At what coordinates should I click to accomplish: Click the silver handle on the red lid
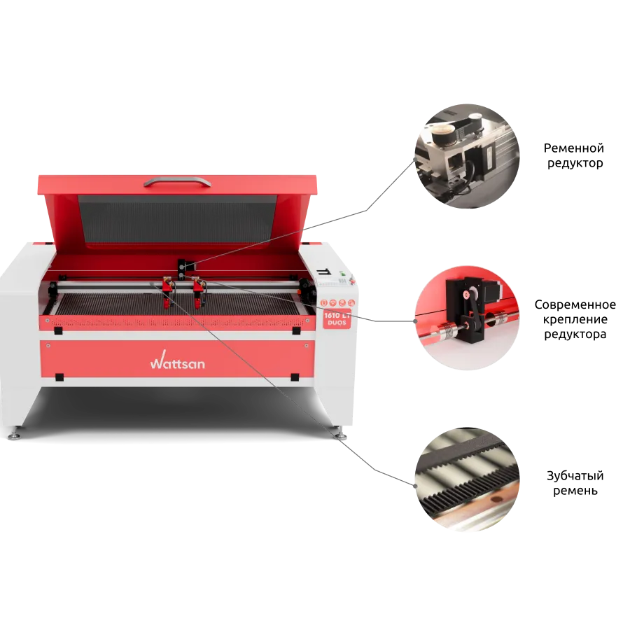click(x=177, y=181)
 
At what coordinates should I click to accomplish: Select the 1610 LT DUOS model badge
click(x=337, y=319)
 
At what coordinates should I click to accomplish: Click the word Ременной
click(x=573, y=148)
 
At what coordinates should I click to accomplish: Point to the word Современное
click(x=575, y=304)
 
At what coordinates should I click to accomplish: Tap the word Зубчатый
click(x=575, y=476)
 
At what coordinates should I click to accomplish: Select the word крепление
click(x=575, y=320)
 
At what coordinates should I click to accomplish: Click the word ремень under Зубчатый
click(x=575, y=491)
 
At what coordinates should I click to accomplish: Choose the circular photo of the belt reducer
click(x=467, y=156)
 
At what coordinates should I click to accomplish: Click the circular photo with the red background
click(x=467, y=317)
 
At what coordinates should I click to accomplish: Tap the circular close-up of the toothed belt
click(x=467, y=479)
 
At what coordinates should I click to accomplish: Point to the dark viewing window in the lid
click(x=177, y=219)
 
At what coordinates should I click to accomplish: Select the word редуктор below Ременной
click(x=575, y=164)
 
